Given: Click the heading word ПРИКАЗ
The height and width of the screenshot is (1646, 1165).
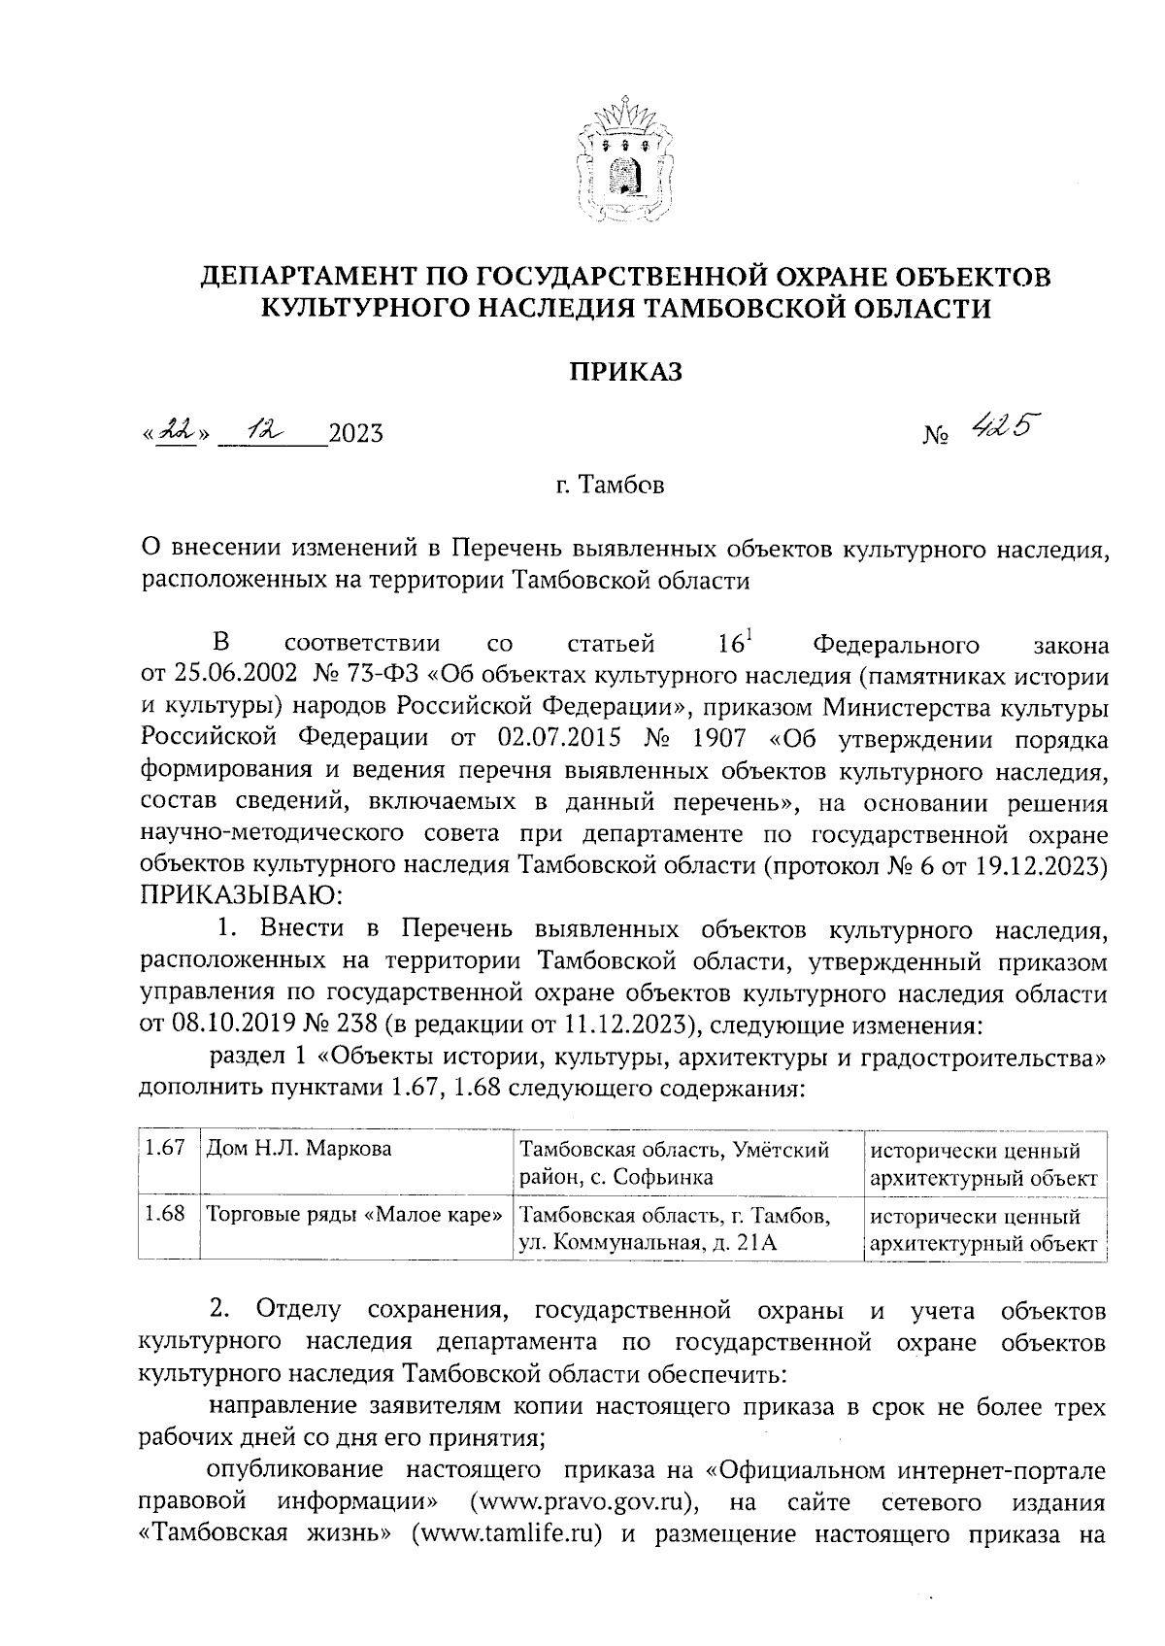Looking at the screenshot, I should tap(624, 371).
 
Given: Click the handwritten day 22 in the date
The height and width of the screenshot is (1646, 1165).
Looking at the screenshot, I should tap(176, 430).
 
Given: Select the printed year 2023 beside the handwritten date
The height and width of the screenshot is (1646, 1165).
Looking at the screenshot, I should tap(355, 433).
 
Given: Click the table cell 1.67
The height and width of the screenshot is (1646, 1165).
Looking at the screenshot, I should tap(165, 1149).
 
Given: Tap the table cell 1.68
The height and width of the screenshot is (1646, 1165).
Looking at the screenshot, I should tap(165, 1215).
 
